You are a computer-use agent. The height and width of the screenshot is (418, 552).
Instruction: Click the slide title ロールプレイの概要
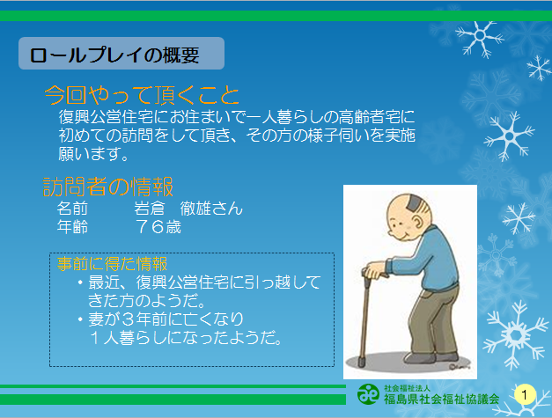pos(114,55)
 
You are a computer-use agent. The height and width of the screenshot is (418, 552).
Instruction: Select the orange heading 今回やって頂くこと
pos(142,95)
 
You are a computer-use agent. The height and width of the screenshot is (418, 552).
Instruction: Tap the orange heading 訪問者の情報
pos(108,187)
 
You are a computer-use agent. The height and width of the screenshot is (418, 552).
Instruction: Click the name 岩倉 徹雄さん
pos(188,209)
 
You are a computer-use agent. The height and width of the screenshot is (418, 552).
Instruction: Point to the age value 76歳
pos(158,227)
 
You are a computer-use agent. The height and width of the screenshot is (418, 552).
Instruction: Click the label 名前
pos(72,209)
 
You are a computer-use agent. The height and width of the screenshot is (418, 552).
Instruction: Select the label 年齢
pos(72,227)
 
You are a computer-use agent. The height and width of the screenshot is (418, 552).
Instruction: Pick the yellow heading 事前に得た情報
pos(112,263)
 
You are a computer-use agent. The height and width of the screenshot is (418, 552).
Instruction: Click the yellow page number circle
pos(525,395)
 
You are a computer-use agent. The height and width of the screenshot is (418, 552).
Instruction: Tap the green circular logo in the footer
pos(368,394)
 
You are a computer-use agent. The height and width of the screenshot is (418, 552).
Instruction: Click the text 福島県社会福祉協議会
pos(441,399)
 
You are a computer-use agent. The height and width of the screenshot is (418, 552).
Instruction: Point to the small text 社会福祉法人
pos(407,388)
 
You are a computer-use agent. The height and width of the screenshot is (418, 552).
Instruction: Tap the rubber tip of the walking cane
pos(361,362)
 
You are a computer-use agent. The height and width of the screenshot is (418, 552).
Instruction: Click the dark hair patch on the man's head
pos(414,203)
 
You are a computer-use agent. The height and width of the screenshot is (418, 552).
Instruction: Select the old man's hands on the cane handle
pos(375,270)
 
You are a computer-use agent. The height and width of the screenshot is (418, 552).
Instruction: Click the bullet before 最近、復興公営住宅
pos(81,282)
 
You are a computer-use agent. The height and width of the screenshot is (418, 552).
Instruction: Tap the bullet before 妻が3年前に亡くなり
pos(81,319)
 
